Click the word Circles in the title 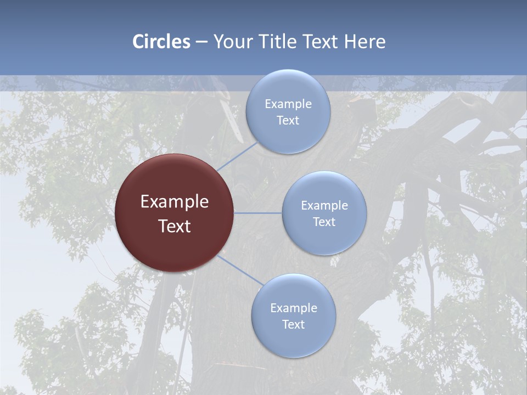tap(161, 42)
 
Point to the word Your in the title tap(234, 42)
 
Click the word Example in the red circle tap(175, 202)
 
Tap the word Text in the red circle tap(175, 226)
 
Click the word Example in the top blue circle tap(288, 104)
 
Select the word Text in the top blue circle tap(288, 121)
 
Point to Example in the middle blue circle tap(324, 206)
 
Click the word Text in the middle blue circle tap(324, 222)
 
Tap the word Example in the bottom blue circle tap(294, 308)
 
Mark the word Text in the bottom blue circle tap(293, 325)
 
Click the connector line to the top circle tap(237, 156)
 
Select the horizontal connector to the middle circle tap(257, 212)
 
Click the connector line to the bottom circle tap(240, 270)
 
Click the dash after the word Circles tap(201, 42)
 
